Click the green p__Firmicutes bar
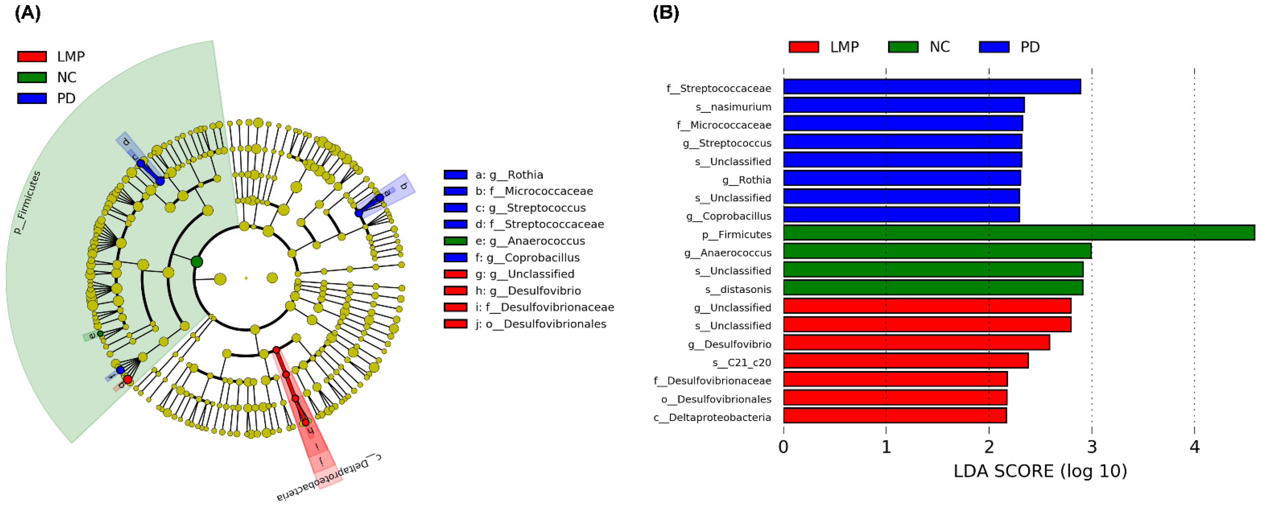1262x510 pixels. (x=1019, y=232)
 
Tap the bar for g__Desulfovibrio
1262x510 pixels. (x=916, y=342)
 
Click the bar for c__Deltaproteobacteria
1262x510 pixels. (x=894, y=415)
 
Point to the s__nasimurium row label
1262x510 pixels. (x=733, y=107)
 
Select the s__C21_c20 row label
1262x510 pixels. (x=741, y=362)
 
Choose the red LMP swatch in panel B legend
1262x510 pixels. (x=803, y=47)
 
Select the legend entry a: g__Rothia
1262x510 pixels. (x=509, y=175)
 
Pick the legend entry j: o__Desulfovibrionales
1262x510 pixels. (x=540, y=324)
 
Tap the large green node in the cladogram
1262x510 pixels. (x=197, y=262)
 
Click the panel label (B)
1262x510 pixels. (x=666, y=13)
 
